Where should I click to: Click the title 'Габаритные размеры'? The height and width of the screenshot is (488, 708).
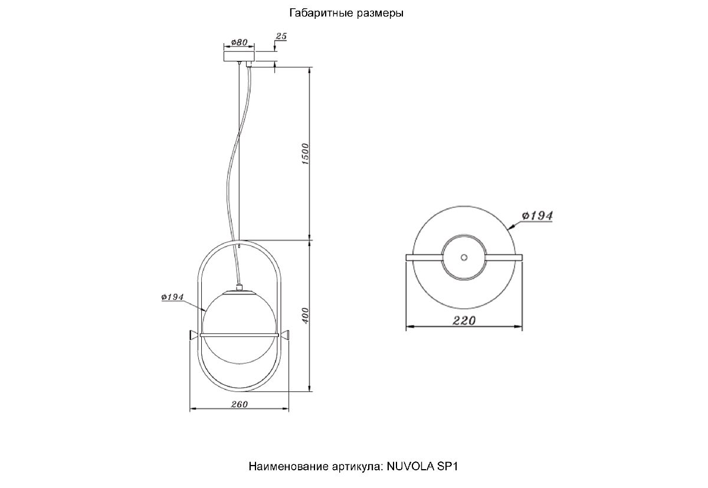[x=347, y=13]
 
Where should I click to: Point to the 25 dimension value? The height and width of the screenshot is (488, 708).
[x=281, y=37]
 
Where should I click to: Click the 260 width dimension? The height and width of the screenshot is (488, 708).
[x=238, y=404]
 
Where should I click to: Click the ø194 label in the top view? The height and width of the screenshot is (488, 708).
[x=537, y=216]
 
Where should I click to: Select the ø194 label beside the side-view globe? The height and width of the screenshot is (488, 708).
[x=173, y=297]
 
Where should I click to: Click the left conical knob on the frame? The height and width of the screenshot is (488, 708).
[x=193, y=335]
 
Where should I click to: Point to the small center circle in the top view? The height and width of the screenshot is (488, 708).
[x=463, y=257]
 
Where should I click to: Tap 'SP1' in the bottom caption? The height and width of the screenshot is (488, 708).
[x=447, y=466]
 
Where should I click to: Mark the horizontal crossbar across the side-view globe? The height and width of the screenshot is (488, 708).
[x=238, y=335]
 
